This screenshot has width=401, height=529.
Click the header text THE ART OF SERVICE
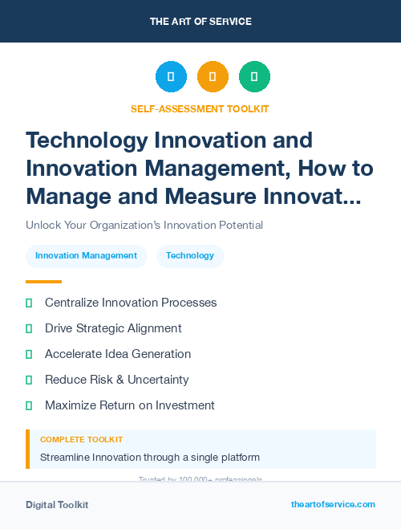pyautogui.click(x=200, y=22)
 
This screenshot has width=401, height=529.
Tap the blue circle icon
pyautogui.click(x=171, y=77)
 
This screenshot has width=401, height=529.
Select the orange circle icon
pyautogui.click(x=213, y=77)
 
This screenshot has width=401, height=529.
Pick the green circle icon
pyautogui.click(x=254, y=77)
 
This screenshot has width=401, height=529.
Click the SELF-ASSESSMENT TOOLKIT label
pyautogui.click(x=200, y=109)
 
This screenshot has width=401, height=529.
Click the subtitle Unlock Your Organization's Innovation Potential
pyautogui.click(x=144, y=225)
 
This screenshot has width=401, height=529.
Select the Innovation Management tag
pyautogui.click(x=87, y=256)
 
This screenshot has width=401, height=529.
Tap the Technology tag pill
pyautogui.click(x=190, y=256)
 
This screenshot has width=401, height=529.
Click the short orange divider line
pyautogui.click(x=43, y=282)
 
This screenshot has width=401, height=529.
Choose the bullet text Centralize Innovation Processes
pyautogui.click(x=131, y=303)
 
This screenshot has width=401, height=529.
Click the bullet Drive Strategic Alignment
pyautogui.click(x=113, y=328)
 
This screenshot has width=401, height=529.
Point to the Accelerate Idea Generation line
pyautogui.click(x=118, y=354)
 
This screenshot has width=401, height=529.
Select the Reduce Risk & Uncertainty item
pyautogui.click(x=117, y=380)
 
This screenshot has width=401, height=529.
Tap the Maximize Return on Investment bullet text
pyautogui.click(x=130, y=405)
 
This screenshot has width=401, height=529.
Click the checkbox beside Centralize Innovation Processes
pyautogui.click(x=29, y=303)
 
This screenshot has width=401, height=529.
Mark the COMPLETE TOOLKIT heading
pyautogui.click(x=81, y=440)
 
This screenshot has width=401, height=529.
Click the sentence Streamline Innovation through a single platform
pyautogui.click(x=150, y=458)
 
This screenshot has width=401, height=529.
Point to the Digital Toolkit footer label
pyautogui.click(x=57, y=505)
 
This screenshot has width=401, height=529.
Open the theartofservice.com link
pyautogui.click(x=333, y=504)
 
